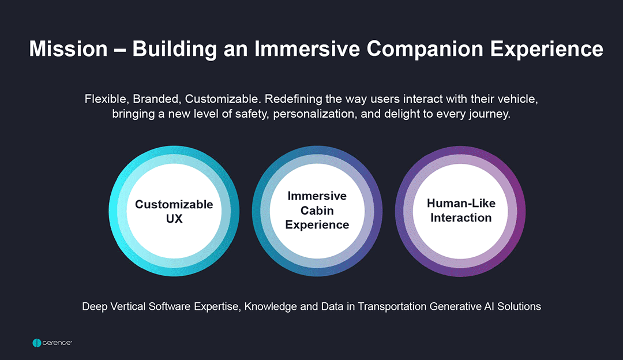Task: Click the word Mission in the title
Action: [x=68, y=49]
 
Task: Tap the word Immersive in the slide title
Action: [x=307, y=49]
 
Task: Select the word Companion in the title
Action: [x=425, y=50]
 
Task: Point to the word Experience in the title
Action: [x=547, y=50]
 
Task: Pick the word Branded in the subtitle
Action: [x=156, y=99]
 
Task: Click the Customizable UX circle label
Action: [x=174, y=211]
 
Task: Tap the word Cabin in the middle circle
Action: [x=317, y=210]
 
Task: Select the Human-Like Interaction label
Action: [x=461, y=210]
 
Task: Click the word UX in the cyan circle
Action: [x=174, y=219]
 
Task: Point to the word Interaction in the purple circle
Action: [x=461, y=217]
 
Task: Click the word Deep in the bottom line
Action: [x=95, y=307]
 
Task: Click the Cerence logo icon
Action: [x=36, y=343]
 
